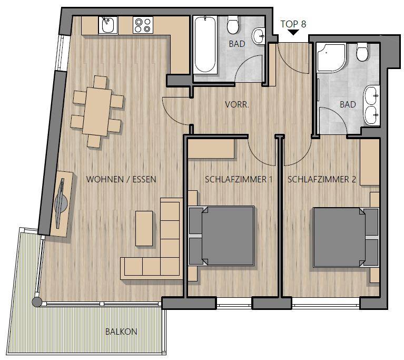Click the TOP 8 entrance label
pos(293,24)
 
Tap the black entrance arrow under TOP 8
pos(293,32)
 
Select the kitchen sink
pos(108,25)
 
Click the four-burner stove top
pos(143,25)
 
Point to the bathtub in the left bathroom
pos(205,44)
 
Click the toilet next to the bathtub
pos(233,25)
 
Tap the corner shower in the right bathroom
pos(331,57)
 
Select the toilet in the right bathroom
pos(362,52)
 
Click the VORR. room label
pos(237,104)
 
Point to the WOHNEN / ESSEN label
pos(121,179)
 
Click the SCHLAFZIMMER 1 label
pos(239,179)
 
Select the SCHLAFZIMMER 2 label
pos(322,179)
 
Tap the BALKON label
pos(121,332)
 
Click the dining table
pos(97,111)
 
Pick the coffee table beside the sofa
pos(144,228)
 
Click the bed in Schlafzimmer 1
pos(222,236)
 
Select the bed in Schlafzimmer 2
pos(346,237)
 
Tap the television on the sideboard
pos(61,200)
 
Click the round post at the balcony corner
pos(37,301)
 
